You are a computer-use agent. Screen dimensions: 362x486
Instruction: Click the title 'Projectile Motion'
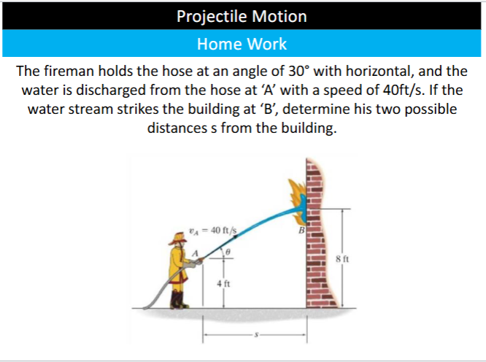[242, 16]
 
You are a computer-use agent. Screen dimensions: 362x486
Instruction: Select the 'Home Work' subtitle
[242, 44]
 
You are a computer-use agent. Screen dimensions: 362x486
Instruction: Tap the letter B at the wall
[298, 231]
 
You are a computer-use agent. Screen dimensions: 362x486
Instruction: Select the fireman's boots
[178, 299]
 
